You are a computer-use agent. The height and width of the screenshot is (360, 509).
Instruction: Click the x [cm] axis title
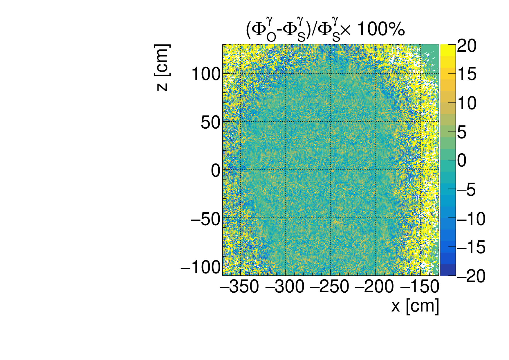pyautogui.click(x=415, y=306)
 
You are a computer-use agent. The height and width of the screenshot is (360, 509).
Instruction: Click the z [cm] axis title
pyautogui.click(x=162, y=68)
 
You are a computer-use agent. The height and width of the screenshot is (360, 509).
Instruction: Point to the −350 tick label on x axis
pyautogui.click(x=240, y=287)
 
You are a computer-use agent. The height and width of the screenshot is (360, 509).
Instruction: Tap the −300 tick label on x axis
pyautogui.click(x=285, y=287)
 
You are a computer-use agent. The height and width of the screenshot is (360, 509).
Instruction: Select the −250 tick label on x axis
pyautogui.click(x=330, y=287)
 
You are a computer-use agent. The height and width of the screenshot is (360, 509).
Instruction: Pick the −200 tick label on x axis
pyautogui.click(x=375, y=287)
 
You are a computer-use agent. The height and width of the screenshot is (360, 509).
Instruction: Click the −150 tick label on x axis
pyautogui.click(x=420, y=287)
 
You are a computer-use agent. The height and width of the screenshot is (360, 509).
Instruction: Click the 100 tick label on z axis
pyautogui.click(x=206, y=74)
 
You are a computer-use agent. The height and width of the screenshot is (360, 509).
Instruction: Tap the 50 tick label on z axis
pyautogui.click(x=210, y=123)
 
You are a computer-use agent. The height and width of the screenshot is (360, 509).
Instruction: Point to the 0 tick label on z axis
pyautogui.click(x=216, y=171)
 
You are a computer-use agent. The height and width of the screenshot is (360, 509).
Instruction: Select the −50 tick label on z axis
pyautogui.click(x=205, y=219)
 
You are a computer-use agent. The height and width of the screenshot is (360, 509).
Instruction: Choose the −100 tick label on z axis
pyautogui.click(x=201, y=267)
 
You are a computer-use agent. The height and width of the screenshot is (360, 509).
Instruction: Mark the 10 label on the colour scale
pyautogui.click(x=467, y=103)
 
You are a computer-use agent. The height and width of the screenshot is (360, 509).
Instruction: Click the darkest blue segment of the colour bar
pyautogui.click(x=448, y=270)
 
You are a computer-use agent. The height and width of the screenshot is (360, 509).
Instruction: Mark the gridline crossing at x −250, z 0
pyautogui.click(x=331, y=170)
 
